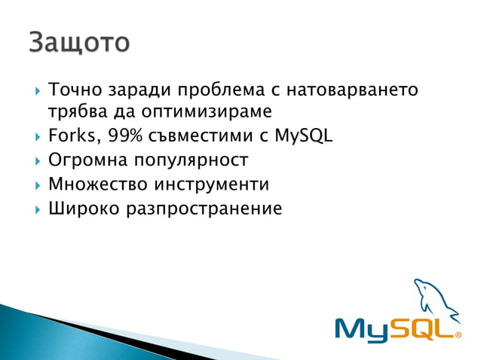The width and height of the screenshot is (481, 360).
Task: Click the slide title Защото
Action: [79, 42]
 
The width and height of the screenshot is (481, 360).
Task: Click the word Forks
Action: [71, 136]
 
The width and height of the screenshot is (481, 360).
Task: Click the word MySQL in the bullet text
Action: [301, 136]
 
